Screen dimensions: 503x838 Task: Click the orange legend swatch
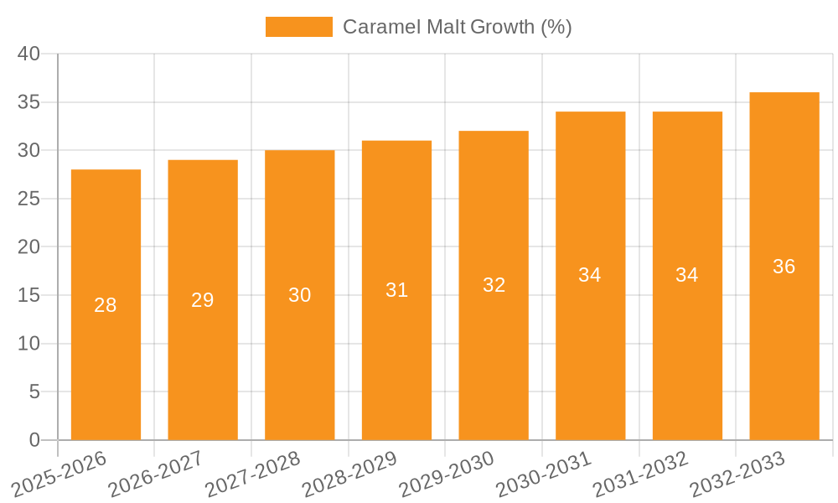(298, 27)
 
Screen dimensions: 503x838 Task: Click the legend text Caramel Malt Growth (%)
(458, 27)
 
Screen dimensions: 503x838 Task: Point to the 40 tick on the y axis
(29, 54)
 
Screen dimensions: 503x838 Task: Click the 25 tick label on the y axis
(29, 199)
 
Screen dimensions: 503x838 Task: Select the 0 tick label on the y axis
(34, 440)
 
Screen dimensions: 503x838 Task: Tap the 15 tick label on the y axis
(29, 295)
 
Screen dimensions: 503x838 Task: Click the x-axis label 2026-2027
(156, 474)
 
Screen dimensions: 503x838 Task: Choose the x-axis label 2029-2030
(447, 474)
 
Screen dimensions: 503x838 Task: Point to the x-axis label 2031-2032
(640, 474)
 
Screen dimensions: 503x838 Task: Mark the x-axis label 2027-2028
(253, 474)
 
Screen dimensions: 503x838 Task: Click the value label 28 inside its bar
(106, 305)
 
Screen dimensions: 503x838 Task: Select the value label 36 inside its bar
(784, 267)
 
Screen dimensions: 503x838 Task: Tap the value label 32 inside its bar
(494, 285)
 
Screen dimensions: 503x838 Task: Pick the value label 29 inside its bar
(203, 300)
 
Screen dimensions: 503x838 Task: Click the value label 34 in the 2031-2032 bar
(687, 275)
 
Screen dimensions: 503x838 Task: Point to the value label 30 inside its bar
(300, 295)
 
